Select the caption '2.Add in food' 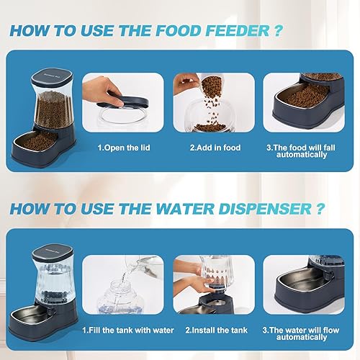coord(214,148)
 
